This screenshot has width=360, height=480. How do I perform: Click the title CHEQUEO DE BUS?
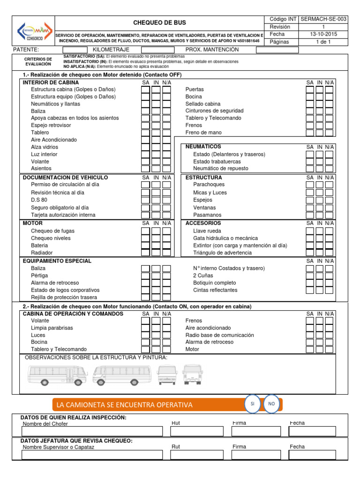tap(159, 23)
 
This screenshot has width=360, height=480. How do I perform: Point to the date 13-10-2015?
tap(323, 34)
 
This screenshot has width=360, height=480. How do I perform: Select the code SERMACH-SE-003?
tap(323, 19)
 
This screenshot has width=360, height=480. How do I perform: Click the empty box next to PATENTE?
tap(75, 50)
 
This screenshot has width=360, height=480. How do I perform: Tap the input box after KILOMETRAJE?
tap(158, 50)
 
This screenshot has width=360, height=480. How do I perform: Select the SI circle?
tap(252, 404)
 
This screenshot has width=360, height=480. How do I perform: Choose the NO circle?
tap(271, 404)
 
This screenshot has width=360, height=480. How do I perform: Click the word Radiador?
tap(42, 253)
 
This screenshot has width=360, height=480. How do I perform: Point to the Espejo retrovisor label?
tap(51, 125)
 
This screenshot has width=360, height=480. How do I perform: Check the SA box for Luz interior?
tap(146, 154)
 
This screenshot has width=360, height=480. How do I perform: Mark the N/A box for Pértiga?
tap(166, 276)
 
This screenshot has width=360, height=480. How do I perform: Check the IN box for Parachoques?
tap(320, 185)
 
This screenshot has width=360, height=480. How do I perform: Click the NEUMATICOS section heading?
tap(203, 147)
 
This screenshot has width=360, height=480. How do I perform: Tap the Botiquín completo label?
tap(215, 283)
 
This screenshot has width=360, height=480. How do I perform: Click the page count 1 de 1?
tap(323, 42)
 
